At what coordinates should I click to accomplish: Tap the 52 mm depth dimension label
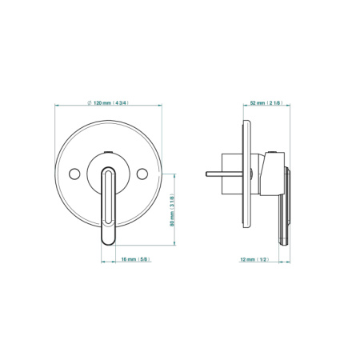[266, 102]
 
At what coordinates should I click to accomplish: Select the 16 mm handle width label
[136, 259]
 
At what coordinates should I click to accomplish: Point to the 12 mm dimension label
[254, 259]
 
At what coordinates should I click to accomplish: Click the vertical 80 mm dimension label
[172, 210]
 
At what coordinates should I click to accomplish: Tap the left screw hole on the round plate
[74, 174]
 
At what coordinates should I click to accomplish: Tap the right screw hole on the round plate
[142, 174]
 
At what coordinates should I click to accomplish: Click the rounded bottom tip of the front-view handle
[108, 244]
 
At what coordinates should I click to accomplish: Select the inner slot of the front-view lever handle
[108, 197]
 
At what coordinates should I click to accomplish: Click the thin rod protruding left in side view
[224, 174]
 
